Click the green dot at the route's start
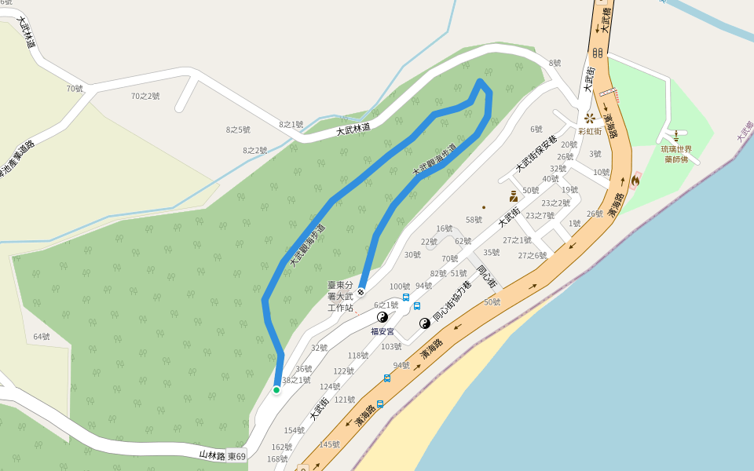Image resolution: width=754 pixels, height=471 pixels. (x=276, y=389)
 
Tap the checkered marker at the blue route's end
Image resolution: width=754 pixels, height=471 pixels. (x=361, y=292)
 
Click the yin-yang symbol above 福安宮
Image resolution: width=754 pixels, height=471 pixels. (x=383, y=317)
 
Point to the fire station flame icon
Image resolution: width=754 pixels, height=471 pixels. (x=635, y=180)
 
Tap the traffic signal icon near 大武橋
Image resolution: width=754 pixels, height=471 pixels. (x=598, y=53)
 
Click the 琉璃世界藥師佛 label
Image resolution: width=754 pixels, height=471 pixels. (x=676, y=154)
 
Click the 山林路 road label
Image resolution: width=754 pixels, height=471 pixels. (x=212, y=455)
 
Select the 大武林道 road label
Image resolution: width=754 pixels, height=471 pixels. (x=353, y=130)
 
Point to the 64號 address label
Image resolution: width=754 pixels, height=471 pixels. (x=42, y=337)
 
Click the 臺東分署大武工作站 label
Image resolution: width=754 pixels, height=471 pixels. (x=341, y=296)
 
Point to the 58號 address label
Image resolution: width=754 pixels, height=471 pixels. (x=474, y=220)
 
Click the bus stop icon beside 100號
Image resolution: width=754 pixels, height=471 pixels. (x=406, y=298)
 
